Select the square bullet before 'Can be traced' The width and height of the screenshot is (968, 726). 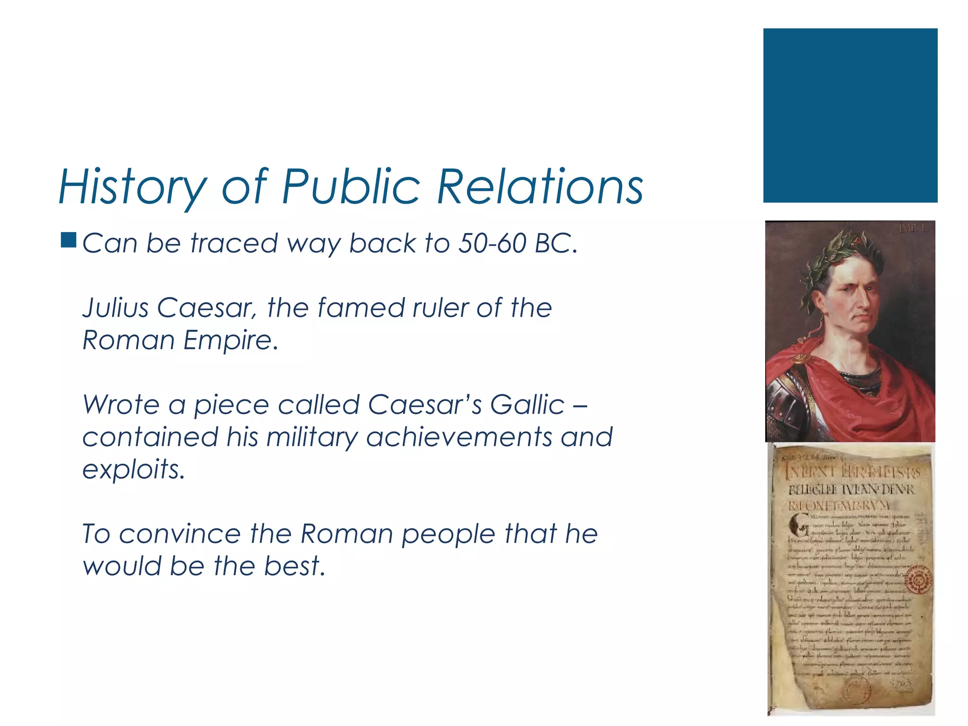click(x=69, y=240)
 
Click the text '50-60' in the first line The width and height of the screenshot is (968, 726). click(x=492, y=243)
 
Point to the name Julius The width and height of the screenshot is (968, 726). click(x=116, y=308)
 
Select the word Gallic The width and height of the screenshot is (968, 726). click(x=527, y=405)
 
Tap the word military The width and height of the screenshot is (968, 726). click(x=311, y=438)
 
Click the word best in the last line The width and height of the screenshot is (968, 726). click(x=293, y=567)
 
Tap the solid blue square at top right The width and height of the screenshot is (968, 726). click(x=850, y=115)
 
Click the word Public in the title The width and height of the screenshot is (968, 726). click(x=351, y=187)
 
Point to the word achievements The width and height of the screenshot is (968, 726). click(x=459, y=438)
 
